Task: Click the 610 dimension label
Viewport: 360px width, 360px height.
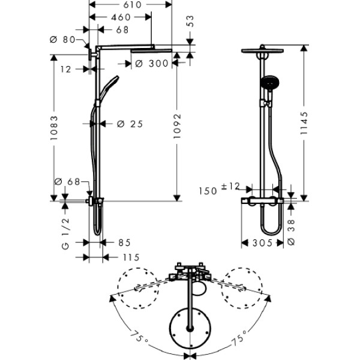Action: coord(132,5)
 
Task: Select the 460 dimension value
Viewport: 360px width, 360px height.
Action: coord(121,17)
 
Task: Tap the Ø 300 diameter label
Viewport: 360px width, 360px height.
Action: coord(152,64)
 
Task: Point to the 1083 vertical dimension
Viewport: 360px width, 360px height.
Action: coord(54,128)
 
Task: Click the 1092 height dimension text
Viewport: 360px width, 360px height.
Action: coord(177,126)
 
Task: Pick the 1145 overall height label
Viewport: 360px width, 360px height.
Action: coord(304,123)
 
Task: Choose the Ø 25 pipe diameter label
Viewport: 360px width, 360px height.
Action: coord(130,124)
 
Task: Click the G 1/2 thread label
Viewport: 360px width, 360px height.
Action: coord(65,234)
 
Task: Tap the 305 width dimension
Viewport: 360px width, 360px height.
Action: coord(262,242)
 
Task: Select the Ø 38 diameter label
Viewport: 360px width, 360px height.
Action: coord(291,232)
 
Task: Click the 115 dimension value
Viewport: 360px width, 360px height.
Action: coord(131,257)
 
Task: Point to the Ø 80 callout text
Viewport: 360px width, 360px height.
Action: coord(62,40)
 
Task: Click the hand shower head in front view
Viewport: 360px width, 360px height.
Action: coord(269,82)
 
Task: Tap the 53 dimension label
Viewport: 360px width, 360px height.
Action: coord(190,22)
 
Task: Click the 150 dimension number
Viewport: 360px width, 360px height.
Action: coord(208,191)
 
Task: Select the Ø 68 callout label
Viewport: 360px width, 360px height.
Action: coord(67,182)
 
